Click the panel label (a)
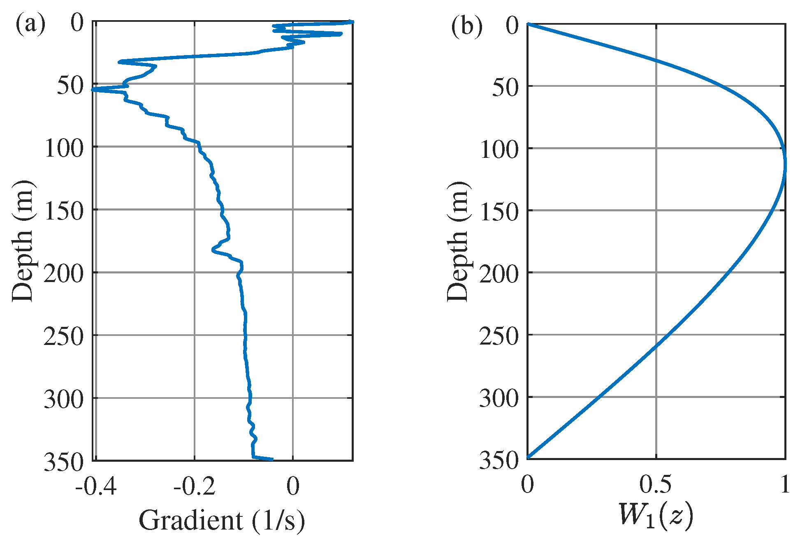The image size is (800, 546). point(30,25)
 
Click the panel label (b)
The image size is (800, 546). point(466,27)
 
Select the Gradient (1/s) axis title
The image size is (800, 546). point(222,521)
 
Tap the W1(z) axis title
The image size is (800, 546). point(656,515)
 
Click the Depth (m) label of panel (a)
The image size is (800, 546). point(23,241)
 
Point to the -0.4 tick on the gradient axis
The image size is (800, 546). point(96,486)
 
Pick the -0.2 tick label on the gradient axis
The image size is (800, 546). point(194,486)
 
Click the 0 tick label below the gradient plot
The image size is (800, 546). point(293,486)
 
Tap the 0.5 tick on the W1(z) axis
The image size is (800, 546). point(656,484)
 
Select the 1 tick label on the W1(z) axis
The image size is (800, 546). point(785,484)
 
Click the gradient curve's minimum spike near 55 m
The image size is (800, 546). point(93,89)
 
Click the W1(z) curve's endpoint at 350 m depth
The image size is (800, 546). point(528,457)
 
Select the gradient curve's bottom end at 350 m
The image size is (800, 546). point(271,459)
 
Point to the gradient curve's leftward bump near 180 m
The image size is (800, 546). point(213,249)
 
